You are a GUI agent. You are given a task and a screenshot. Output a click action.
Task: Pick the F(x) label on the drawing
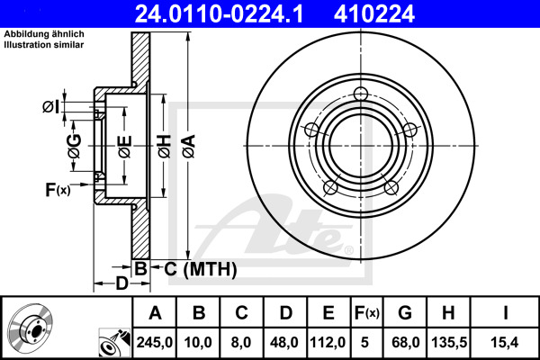[57, 190]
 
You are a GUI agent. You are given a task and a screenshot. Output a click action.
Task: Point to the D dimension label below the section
[121, 284]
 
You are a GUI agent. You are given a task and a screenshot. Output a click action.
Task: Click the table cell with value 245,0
[155, 341]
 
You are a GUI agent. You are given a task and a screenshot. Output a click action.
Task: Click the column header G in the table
[405, 313]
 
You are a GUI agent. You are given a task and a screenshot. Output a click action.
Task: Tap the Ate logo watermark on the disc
[279, 225]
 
